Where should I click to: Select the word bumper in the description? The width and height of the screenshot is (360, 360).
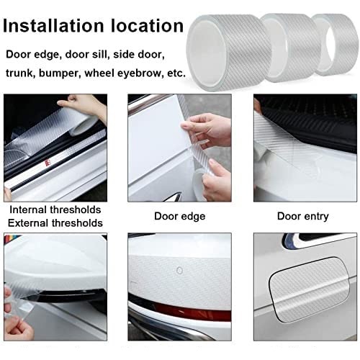(x=59, y=73)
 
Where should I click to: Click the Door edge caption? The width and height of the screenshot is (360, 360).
(x=180, y=216)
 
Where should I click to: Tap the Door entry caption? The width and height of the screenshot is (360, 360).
(x=303, y=216)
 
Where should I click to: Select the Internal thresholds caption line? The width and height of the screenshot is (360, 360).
(x=55, y=210)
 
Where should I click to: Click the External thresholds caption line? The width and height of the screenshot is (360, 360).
(x=55, y=223)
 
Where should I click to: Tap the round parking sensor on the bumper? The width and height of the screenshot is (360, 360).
(x=179, y=271)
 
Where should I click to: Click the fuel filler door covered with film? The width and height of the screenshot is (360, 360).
(x=309, y=289)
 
